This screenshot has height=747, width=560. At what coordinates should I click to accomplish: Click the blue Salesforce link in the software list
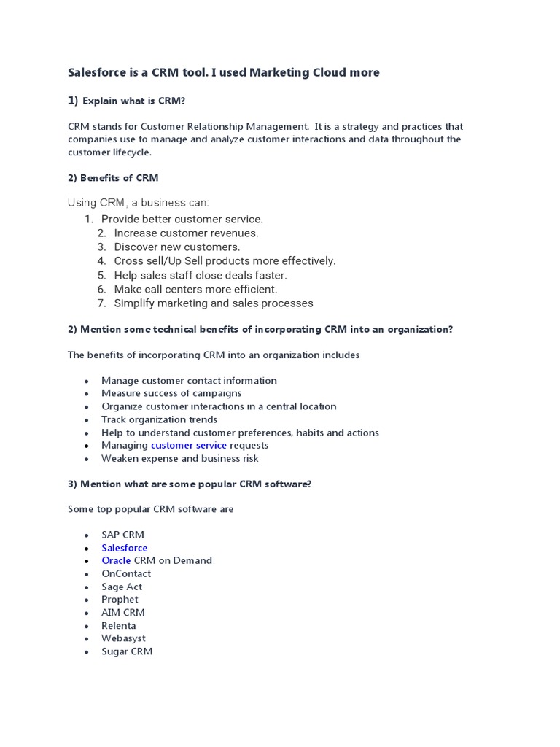124,548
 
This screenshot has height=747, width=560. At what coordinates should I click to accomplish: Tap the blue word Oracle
116,560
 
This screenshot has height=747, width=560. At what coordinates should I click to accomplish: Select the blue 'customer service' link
188,445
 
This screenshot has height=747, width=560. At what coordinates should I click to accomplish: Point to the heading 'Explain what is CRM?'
139,101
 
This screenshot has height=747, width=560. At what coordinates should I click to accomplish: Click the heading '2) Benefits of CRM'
113,178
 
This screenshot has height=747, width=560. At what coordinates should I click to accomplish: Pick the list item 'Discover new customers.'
177,247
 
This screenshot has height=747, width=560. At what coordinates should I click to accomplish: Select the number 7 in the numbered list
102,303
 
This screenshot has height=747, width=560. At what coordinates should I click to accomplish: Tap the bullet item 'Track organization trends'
159,419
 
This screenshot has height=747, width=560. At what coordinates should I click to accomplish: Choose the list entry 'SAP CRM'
122,535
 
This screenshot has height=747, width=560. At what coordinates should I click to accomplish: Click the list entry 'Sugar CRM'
127,651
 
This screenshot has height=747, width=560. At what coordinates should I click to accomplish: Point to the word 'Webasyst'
123,638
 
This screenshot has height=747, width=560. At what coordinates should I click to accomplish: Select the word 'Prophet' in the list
120,600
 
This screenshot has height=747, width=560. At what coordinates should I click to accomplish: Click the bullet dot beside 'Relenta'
86,626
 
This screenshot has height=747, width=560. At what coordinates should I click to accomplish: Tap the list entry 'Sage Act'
122,587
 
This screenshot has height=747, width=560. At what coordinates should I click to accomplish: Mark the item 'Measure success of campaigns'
171,393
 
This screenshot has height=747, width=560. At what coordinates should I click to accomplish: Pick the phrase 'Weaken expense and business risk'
179,458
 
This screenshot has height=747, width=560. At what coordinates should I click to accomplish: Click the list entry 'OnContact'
126,573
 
